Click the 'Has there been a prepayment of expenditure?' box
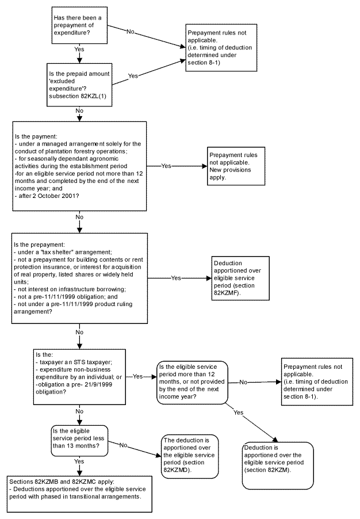click(79, 25)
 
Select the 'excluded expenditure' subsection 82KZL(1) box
click(79, 85)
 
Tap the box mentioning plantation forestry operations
click(79, 166)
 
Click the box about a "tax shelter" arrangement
click(79, 278)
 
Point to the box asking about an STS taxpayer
click(79, 377)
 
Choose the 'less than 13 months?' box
click(79, 441)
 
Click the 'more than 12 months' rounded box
click(192, 382)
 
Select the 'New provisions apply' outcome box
click(236, 166)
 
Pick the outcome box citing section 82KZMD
click(190, 456)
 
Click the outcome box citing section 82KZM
click(278, 465)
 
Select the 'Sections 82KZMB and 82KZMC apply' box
click(79, 494)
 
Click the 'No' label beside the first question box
click(131, 32)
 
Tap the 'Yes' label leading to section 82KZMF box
click(176, 278)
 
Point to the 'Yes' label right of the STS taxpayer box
click(137, 376)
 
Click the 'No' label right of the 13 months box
click(123, 445)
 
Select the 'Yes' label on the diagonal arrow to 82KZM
click(238, 413)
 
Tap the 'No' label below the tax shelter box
click(79, 332)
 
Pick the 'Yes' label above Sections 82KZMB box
click(79, 461)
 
